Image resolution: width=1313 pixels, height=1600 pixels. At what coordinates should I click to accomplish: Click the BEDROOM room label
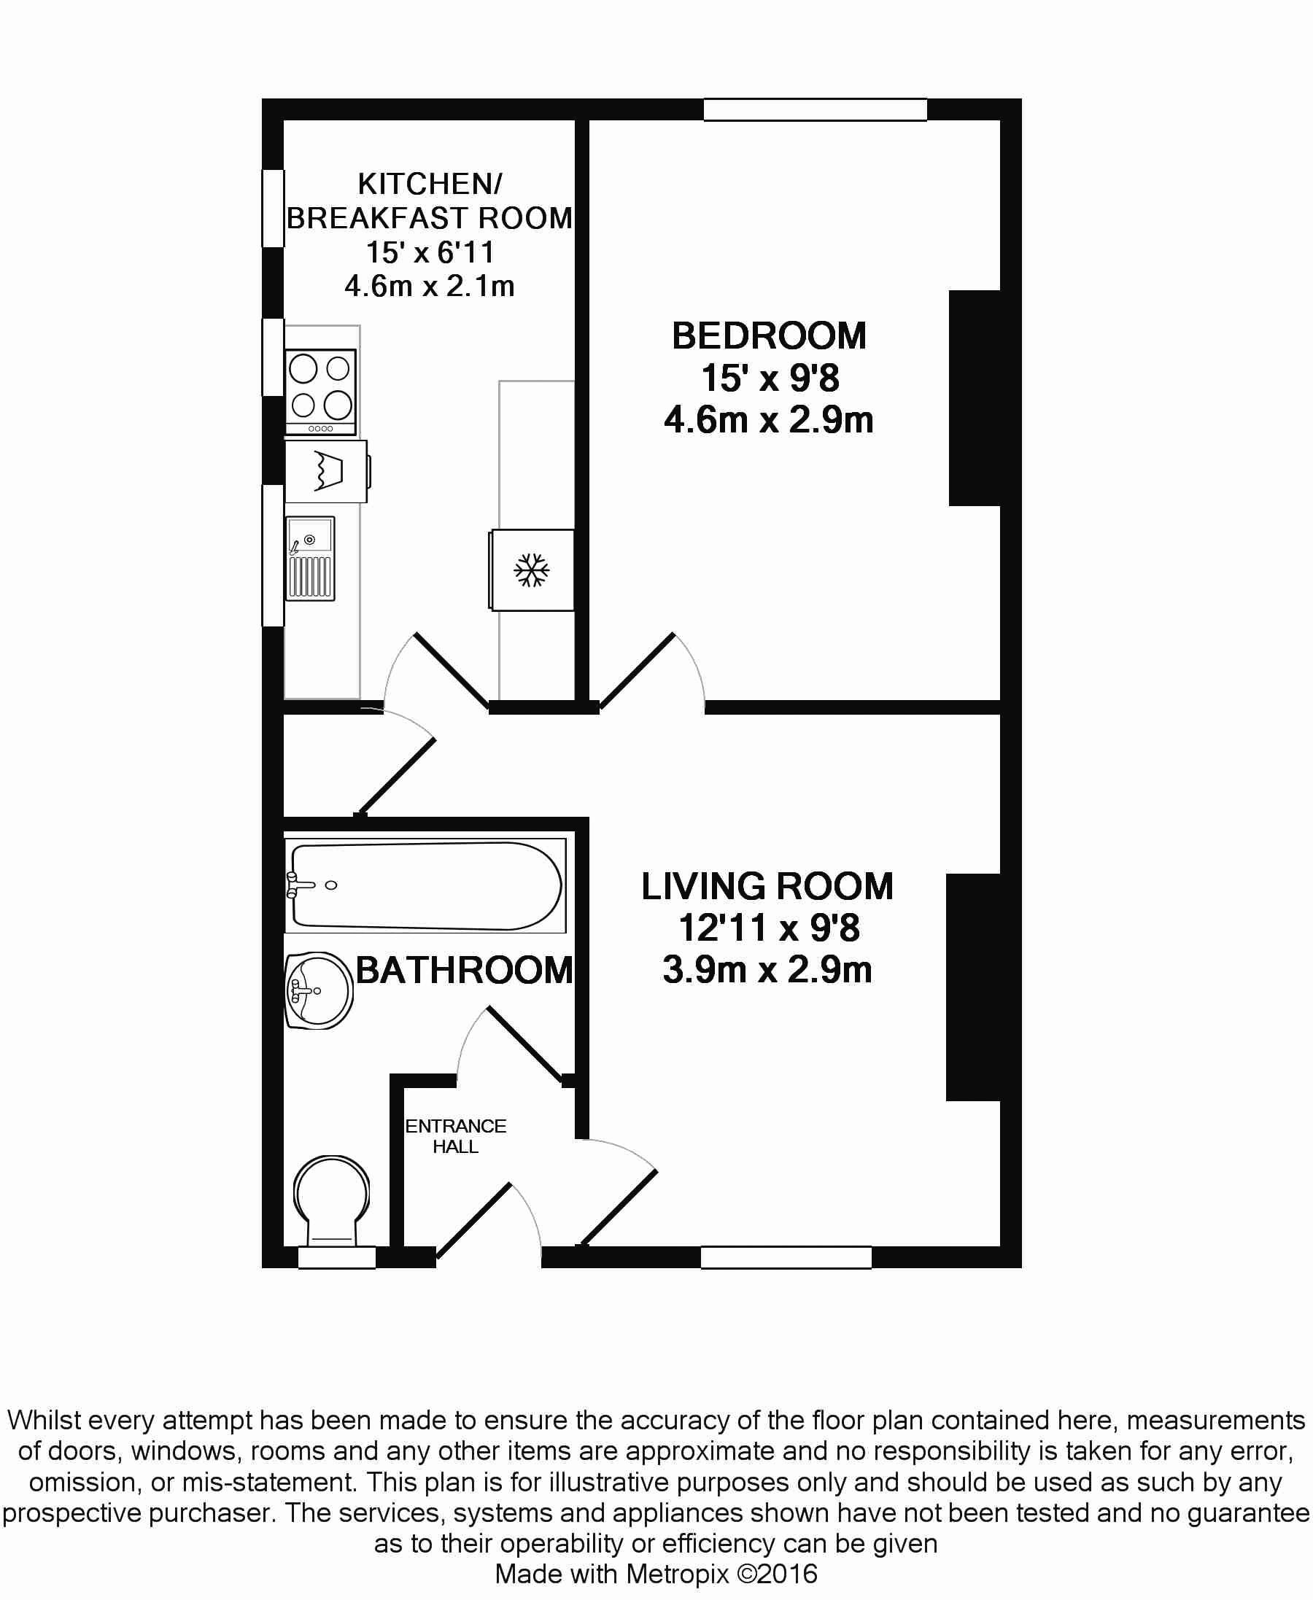(x=768, y=335)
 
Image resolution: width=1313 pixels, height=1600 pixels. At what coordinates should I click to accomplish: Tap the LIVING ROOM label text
(x=767, y=886)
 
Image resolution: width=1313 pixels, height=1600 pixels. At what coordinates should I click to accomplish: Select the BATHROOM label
(x=465, y=970)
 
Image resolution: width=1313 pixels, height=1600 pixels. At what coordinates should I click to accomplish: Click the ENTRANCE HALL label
(x=455, y=1136)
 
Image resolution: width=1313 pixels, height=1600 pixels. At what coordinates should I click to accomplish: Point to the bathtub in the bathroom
(x=425, y=885)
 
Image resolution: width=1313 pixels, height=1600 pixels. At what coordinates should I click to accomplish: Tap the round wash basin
(x=319, y=990)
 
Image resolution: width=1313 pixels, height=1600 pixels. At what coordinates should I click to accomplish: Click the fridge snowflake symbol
(x=532, y=570)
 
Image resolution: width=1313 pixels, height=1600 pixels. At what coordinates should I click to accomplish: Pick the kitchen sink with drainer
(x=310, y=559)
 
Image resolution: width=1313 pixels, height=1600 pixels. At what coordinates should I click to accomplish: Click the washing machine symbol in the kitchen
(x=327, y=471)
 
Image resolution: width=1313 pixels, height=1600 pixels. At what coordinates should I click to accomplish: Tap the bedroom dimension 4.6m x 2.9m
(x=768, y=419)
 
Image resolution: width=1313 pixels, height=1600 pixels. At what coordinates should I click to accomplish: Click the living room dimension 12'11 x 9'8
(x=768, y=928)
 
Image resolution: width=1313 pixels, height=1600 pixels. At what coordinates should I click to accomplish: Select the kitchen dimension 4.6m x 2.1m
(x=430, y=287)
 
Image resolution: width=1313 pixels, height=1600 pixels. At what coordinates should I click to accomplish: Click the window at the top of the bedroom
(x=816, y=109)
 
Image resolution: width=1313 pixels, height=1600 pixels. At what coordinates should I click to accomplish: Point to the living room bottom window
(x=786, y=1257)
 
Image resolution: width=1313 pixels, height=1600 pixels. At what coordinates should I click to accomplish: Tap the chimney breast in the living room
(x=973, y=987)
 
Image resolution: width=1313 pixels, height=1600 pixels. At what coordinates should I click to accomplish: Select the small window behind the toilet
(x=337, y=1257)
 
